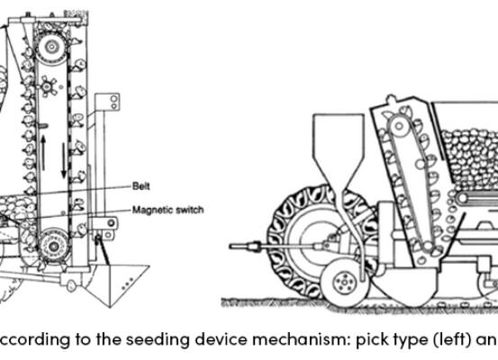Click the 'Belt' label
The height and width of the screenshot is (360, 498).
(x=141, y=185)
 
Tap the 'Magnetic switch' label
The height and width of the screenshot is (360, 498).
(x=168, y=210)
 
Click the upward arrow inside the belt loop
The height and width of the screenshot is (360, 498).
(x=43, y=152)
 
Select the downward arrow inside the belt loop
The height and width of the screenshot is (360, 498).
(x=64, y=160)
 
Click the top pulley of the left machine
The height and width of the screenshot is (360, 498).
(x=50, y=47)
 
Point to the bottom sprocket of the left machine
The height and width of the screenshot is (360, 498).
(x=53, y=246)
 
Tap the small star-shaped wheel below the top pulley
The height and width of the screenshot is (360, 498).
(x=48, y=86)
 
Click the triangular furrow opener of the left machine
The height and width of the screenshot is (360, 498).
(x=117, y=283)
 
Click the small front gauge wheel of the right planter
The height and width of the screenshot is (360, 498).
(x=344, y=283)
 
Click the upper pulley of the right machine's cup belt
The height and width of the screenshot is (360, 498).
(x=399, y=126)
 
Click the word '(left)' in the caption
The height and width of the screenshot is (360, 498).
(x=452, y=340)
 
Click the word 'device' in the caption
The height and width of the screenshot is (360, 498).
(x=221, y=339)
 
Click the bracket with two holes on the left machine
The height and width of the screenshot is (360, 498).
(x=108, y=102)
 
